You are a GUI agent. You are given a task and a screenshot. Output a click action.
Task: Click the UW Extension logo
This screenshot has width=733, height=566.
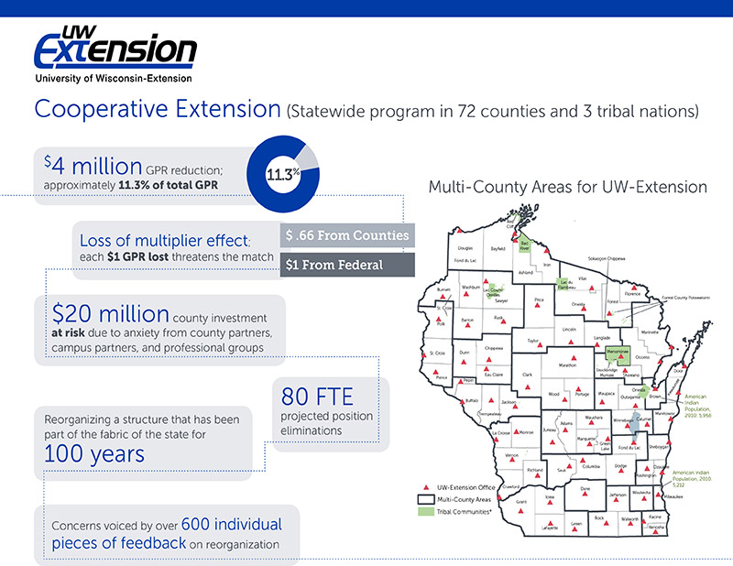[115, 52]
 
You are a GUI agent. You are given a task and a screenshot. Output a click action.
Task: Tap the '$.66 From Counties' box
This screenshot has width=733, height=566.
[347, 235]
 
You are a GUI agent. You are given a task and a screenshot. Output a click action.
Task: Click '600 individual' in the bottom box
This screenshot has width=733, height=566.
[232, 525]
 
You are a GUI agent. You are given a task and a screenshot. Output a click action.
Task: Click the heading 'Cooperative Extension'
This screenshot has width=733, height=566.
[157, 110]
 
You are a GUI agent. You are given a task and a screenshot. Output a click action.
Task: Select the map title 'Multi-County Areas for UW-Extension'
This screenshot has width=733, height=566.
[567, 187]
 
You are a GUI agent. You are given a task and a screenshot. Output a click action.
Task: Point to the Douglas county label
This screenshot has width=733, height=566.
[465, 248]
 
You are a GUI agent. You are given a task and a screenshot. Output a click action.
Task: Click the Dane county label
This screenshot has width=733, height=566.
[585, 488]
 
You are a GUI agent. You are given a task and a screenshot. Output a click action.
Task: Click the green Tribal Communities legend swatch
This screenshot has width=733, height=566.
[425, 512]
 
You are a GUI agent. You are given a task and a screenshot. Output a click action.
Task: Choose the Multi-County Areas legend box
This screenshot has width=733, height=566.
[425, 499]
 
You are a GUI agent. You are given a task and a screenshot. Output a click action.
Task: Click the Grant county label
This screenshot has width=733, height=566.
[521, 503]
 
